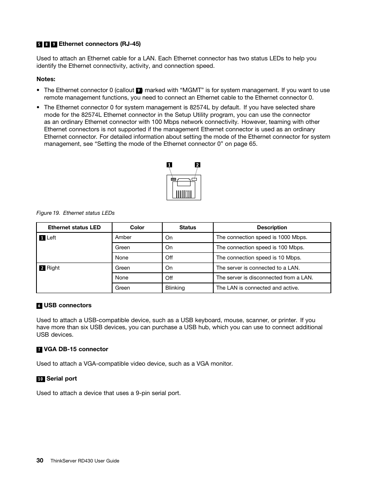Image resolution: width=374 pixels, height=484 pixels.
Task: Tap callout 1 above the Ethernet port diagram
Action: point(169,165)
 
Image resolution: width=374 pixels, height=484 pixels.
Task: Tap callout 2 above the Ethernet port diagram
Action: point(198,165)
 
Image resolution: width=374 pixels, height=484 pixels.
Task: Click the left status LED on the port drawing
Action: point(174,179)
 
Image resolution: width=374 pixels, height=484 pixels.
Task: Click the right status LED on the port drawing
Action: point(194,179)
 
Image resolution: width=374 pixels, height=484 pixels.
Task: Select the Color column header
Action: point(137,227)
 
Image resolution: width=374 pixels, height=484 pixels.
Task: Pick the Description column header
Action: point(272,227)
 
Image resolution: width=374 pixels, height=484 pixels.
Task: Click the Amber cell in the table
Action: point(123,237)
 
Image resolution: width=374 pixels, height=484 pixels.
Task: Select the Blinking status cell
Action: point(175,288)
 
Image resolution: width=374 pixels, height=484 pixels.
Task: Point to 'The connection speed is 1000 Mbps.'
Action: point(261,237)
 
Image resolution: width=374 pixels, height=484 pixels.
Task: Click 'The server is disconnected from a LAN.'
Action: point(264,277)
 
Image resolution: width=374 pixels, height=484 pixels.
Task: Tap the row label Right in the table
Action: point(53,268)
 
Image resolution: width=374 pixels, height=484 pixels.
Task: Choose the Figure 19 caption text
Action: point(75,213)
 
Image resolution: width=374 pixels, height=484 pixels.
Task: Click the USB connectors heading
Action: point(67,305)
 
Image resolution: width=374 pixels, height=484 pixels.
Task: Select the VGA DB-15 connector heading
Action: point(76,349)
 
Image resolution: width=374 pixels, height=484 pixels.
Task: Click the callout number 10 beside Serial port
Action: point(40,379)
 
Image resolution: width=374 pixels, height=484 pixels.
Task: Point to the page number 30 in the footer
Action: point(40,460)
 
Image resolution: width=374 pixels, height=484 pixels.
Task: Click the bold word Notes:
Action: point(46,79)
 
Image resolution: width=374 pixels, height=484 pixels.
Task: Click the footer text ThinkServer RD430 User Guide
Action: point(85,461)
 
